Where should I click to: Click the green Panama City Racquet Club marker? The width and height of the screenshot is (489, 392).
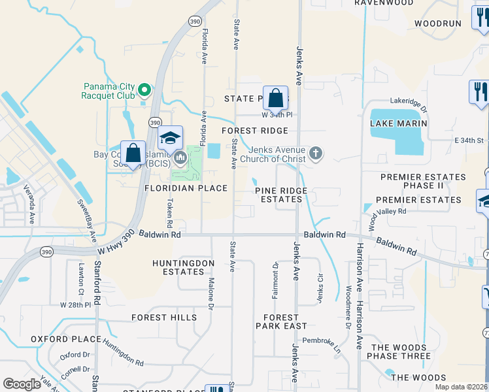click(146, 90)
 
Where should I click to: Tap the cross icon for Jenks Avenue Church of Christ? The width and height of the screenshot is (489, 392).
click(316, 154)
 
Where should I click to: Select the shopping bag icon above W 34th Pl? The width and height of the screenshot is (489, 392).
click(276, 98)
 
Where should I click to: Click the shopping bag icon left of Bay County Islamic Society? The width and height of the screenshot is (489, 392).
click(133, 154)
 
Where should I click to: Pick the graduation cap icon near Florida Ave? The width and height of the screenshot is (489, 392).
click(170, 138)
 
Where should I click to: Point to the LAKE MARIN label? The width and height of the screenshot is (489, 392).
click(398, 123)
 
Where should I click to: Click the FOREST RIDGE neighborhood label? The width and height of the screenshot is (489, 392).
click(254, 131)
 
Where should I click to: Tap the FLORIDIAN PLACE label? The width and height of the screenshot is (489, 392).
click(186, 188)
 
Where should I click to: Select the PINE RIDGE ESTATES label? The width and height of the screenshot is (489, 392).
click(281, 195)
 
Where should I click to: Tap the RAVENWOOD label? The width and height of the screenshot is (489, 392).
click(384, 3)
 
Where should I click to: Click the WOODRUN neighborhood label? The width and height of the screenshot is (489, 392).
click(437, 23)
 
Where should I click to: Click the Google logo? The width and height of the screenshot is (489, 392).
click(22, 384)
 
